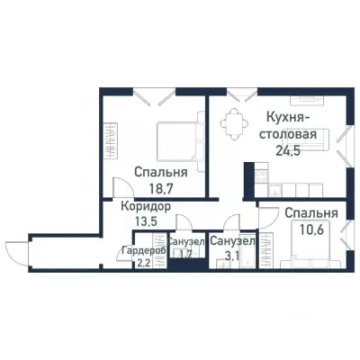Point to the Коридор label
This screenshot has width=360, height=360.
pyautogui.click(x=147, y=205)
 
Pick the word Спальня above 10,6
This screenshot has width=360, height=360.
pyautogui.click(x=311, y=213)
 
